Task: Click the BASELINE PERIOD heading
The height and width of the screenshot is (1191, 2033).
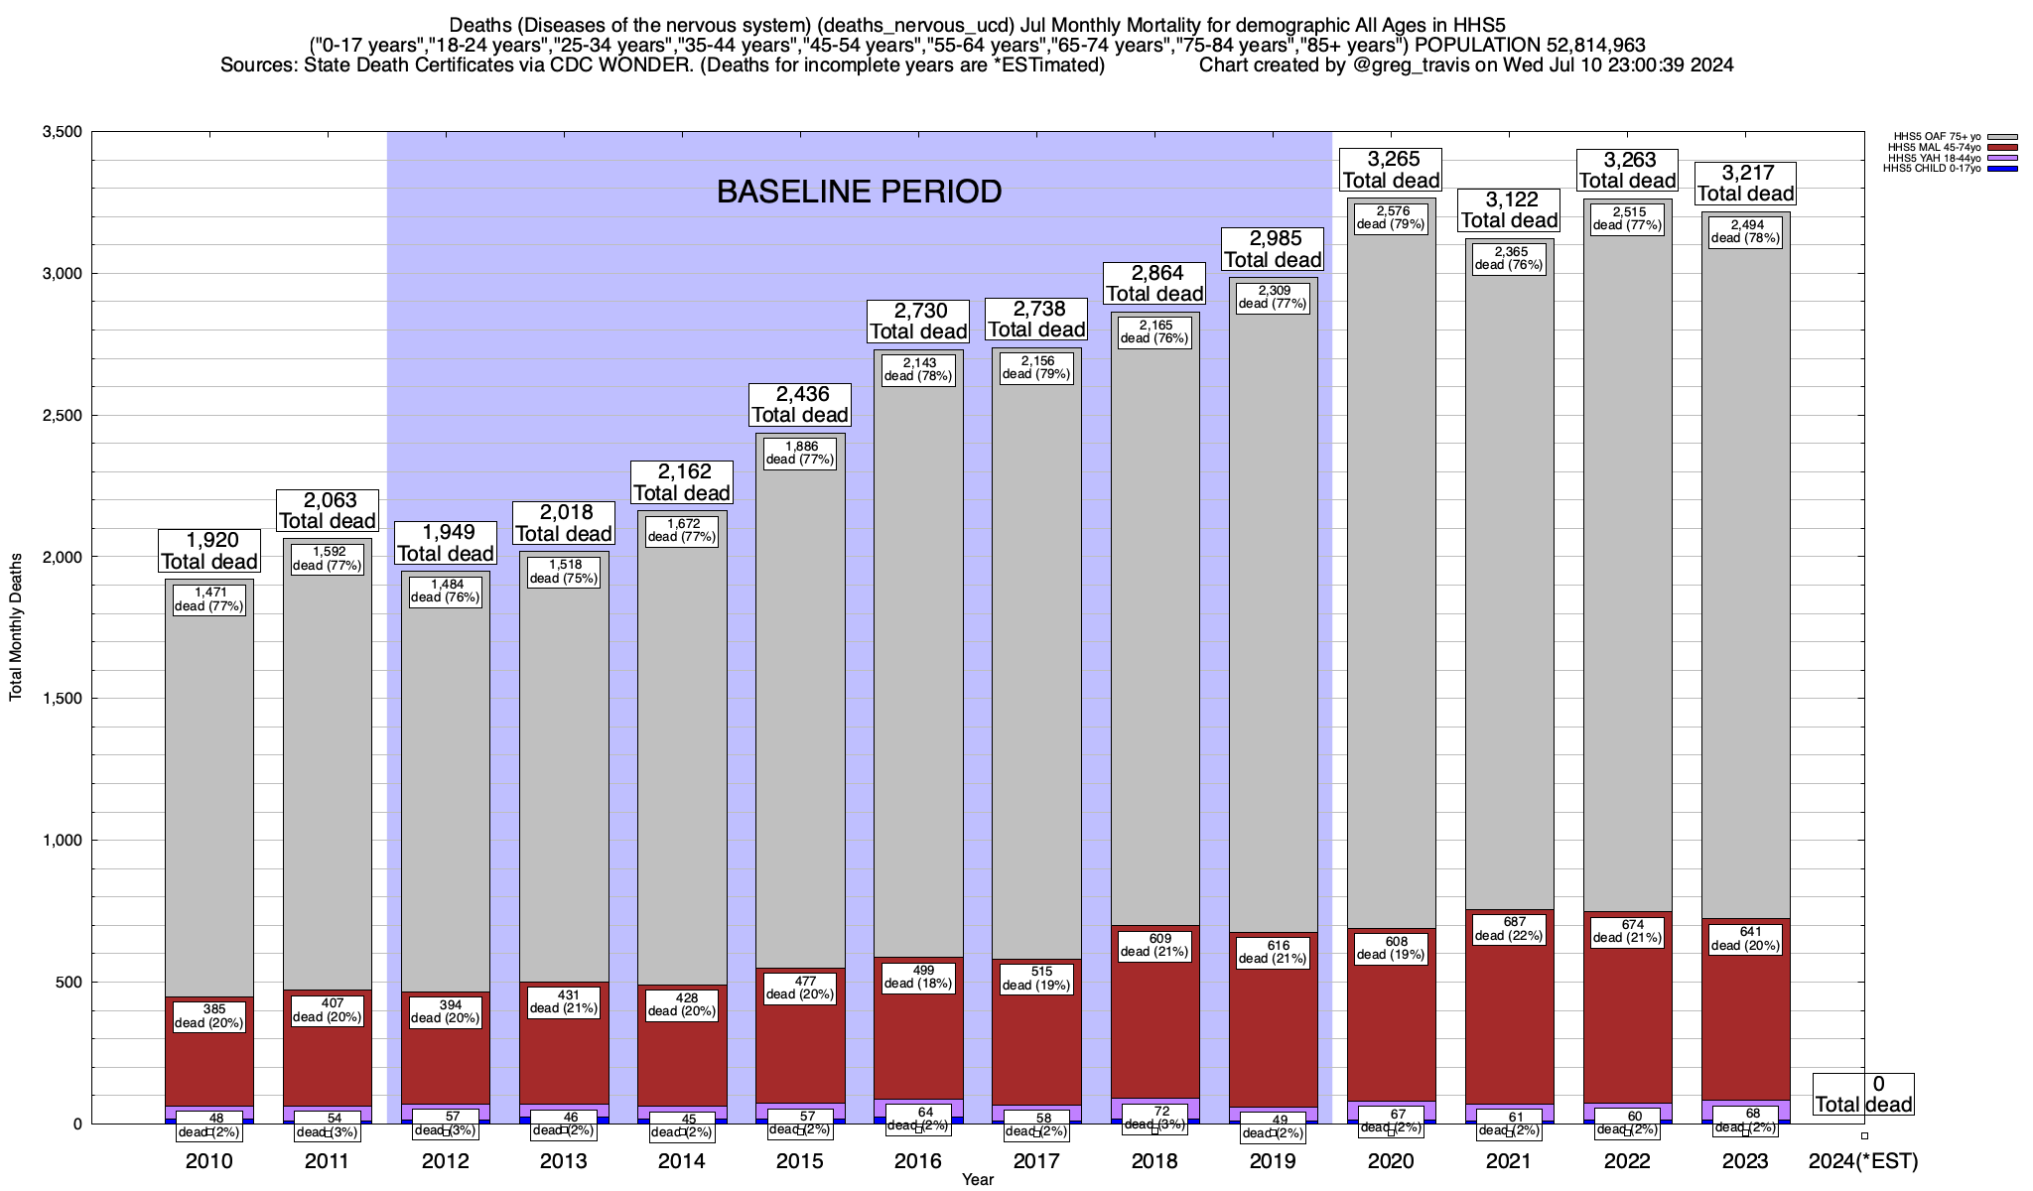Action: coord(859,192)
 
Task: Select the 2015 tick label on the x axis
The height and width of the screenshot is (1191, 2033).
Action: coord(800,1160)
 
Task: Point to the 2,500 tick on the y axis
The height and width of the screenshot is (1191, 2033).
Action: coord(62,415)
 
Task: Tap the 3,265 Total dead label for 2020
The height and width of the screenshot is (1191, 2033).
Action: coord(1391,170)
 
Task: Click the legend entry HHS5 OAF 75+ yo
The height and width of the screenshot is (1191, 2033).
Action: coord(1926,136)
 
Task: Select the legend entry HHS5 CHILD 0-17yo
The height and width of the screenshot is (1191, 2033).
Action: coord(1926,169)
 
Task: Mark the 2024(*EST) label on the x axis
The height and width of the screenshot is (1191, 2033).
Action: coord(1863,1160)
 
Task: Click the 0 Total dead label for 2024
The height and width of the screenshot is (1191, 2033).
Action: coord(1863,1094)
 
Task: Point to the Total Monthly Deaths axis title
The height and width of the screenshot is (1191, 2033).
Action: coord(16,627)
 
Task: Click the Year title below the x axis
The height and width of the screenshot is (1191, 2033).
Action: coord(977,1179)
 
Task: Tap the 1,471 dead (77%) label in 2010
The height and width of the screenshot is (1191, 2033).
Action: coord(209,598)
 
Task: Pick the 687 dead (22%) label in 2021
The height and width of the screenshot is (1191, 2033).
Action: coord(1509,928)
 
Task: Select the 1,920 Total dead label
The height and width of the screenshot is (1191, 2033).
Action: coord(209,551)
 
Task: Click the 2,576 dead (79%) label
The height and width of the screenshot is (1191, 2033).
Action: coord(1391,217)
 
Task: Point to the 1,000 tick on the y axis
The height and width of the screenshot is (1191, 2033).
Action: coord(62,841)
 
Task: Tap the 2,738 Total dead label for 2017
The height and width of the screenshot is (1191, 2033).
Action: coord(1036,319)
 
